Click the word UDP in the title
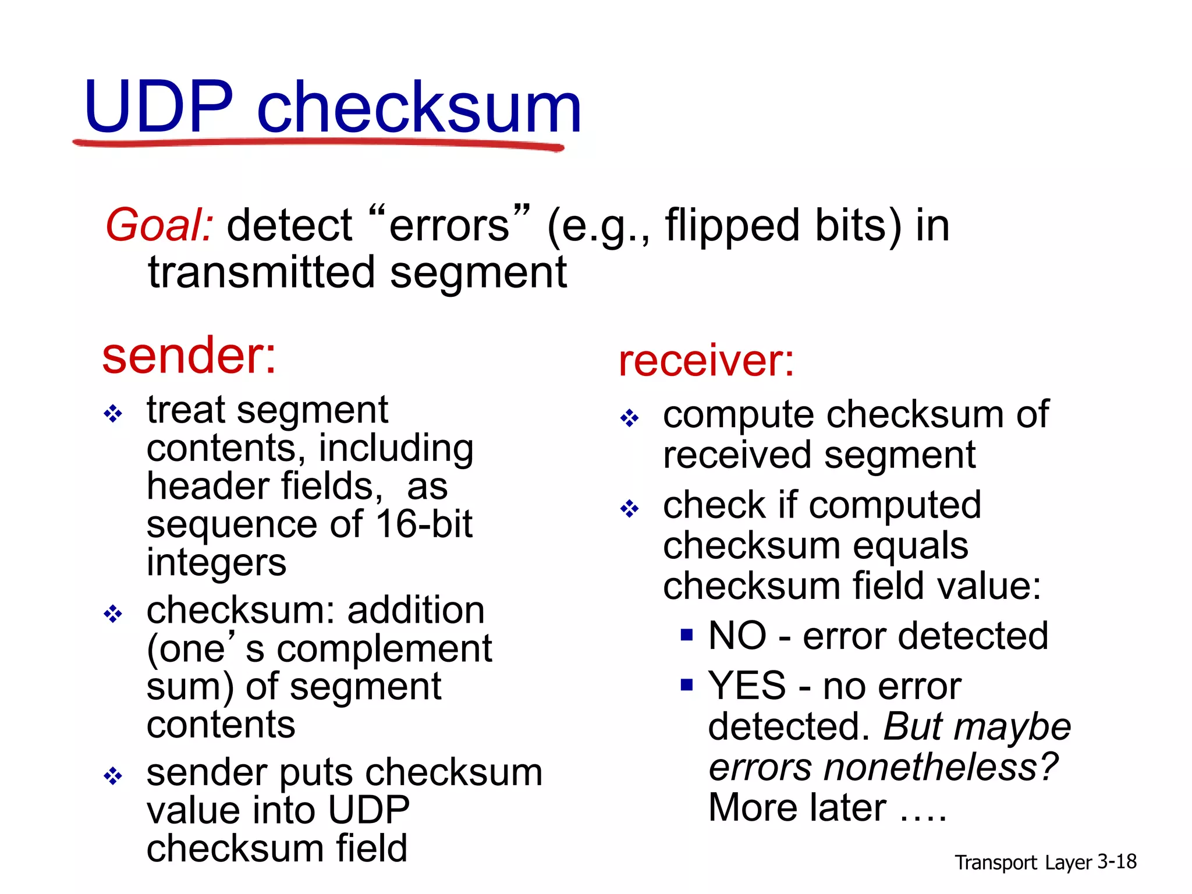pyautogui.click(x=158, y=108)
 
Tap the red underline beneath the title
pyautogui.click(x=317, y=143)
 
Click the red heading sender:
pyautogui.click(x=189, y=356)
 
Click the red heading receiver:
pyautogui.click(x=706, y=361)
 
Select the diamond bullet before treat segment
pyautogui.click(x=112, y=414)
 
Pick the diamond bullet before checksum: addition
pyautogui.click(x=112, y=613)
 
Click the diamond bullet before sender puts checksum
pyautogui.click(x=112, y=775)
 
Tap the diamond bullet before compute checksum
pyautogui.click(x=629, y=418)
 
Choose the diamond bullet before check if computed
pyautogui.click(x=629, y=509)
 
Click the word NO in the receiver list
pyautogui.click(x=737, y=636)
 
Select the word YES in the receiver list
pyautogui.click(x=747, y=686)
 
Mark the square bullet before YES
pyautogui.click(x=687, y=684)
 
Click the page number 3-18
pyautogui.click(x=1116, y=861)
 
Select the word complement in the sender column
pyautogui.click(x=384, y=649)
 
